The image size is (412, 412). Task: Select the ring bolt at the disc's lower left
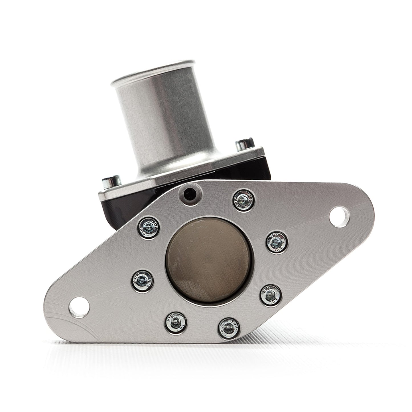176,322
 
